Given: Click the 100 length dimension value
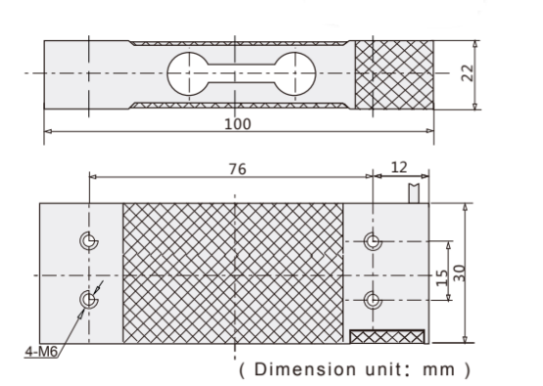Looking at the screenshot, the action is [237, 124].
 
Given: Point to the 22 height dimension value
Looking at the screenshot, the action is [468, 73].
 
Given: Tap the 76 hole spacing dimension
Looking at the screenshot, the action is [237, 169].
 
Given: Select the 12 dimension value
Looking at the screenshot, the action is [399, 168].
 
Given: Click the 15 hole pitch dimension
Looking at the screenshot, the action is [441, 278].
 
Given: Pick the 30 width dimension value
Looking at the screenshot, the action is [459, 273].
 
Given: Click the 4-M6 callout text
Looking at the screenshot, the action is [41, 352].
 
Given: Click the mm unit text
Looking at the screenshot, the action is [439, 370].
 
